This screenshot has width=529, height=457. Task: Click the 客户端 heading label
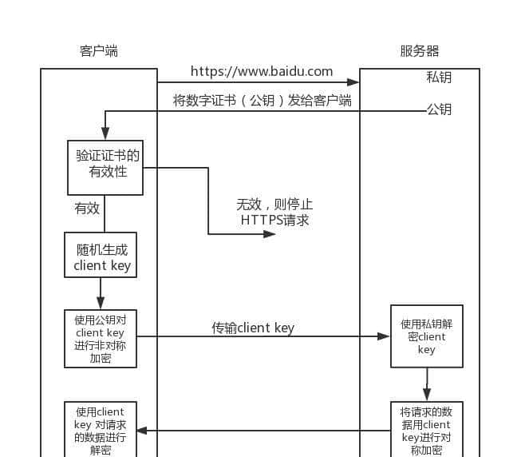[99, 51]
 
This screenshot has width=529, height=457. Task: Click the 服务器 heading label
[420, 51]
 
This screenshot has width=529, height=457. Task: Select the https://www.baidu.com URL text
[262, 71]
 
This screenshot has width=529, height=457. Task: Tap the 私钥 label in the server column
[439, 77]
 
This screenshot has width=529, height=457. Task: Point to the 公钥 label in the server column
[439, 109]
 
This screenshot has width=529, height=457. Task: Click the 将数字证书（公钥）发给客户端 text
[263, 101]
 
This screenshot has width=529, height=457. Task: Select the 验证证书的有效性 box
[105, 168]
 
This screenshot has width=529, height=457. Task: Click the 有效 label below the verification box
[87, 208]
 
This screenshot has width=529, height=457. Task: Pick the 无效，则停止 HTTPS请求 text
[274, 212]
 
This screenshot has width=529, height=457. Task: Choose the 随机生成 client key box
[101, 255]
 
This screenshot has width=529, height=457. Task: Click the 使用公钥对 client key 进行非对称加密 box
[101, 338]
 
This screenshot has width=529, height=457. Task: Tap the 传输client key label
[253, 328]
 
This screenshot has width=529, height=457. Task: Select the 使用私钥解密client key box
[427, 336]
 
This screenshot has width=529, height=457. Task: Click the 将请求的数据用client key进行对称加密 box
[427, 429]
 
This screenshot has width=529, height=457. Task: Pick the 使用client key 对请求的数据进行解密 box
[101, 429]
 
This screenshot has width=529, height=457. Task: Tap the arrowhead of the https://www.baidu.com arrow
[353, 81]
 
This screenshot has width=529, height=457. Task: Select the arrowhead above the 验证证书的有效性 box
[105, 136]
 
